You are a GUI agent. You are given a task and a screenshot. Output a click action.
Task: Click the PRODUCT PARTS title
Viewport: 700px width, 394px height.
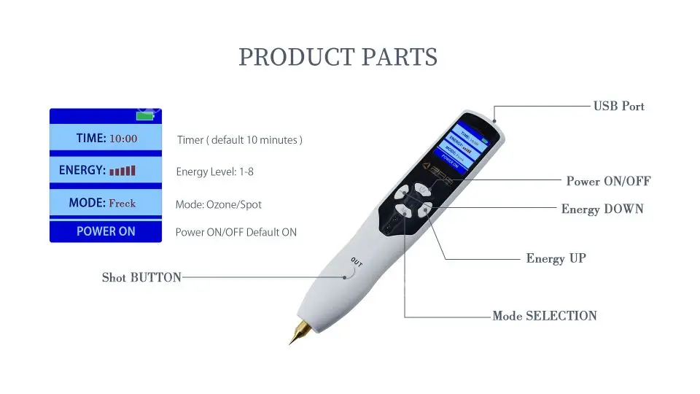338,57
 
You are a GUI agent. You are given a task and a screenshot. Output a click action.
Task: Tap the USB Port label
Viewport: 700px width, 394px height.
618,106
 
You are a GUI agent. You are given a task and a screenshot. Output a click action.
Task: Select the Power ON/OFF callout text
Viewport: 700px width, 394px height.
608,181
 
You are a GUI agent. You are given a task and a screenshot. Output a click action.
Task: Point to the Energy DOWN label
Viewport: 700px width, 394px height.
602,209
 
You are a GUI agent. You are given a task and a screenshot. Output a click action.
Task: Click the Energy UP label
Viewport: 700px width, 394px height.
556,258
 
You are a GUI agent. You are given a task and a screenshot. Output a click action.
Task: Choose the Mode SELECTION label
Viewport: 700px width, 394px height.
545,316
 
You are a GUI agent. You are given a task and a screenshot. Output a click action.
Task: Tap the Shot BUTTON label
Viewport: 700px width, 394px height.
141,277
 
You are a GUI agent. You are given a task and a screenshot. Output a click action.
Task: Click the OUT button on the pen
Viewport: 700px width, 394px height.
355,264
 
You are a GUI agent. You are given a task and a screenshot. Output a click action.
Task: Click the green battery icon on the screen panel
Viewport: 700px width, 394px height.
146,115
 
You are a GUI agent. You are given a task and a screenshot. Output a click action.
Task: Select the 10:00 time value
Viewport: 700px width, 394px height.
123,139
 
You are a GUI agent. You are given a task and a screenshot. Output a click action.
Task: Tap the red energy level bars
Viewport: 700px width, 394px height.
122,171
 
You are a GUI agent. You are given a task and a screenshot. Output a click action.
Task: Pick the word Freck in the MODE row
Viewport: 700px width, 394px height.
122,203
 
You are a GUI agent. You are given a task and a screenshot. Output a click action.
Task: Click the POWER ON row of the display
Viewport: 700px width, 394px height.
106,231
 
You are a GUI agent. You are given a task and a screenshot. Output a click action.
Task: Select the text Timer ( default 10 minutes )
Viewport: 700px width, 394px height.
239,139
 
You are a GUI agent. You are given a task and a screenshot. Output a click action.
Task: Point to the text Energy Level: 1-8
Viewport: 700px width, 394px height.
214,172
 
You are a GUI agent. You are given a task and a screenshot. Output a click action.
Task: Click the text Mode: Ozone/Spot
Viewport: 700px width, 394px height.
218,204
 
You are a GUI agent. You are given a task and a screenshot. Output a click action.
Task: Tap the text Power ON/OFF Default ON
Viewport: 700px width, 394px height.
236,233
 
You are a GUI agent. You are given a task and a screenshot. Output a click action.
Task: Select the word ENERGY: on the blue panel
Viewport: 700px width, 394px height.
82,170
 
